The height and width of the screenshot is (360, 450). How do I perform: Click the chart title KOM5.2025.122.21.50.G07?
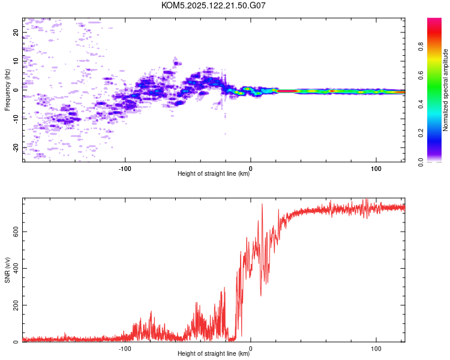[x=213, y=5]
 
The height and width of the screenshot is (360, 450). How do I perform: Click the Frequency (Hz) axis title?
[x=7, y=90]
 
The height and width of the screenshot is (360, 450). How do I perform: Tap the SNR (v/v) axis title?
[x=7, y=270]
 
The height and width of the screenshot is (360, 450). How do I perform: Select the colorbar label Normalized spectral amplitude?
[x=445, y=90]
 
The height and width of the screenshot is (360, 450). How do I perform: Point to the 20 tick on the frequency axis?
[x=16, y=32]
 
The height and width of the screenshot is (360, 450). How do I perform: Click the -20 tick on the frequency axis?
[x=16, y=148]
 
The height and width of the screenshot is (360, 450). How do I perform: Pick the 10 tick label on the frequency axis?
[x=16, y=61]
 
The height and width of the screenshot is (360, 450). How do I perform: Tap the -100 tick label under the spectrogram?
[x=125, y=169]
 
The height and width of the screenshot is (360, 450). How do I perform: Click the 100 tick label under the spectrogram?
[x=376, y=169]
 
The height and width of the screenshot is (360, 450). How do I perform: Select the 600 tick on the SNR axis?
[x=16, y=232]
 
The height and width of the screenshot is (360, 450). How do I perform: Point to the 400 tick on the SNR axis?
[x=16, y=268]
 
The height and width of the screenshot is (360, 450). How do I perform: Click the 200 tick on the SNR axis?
[x=16, y=305]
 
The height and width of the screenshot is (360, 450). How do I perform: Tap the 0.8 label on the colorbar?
[x=421, y=47]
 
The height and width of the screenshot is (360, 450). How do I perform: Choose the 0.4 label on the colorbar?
[x=421, y=104]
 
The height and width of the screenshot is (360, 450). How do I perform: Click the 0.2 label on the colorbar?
[x=421, y=133]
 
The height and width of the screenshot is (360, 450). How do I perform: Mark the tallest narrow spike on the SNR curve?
[x=262, y=205]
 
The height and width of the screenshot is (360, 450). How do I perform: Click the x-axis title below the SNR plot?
[x=214, y=353]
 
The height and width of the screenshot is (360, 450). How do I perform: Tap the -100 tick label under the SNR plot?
[x=125, y=349]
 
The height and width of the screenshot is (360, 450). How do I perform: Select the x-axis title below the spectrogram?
[x=214, y=173]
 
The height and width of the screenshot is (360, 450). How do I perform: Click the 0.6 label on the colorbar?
[x=421, y=76]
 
